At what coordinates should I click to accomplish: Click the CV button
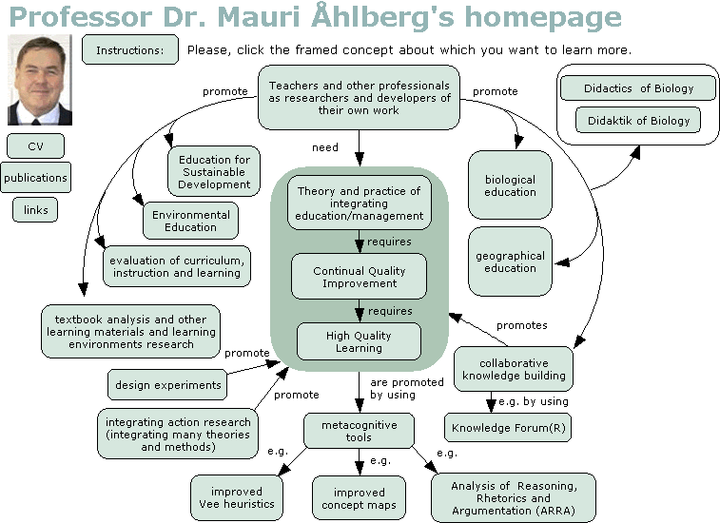pos(35,146)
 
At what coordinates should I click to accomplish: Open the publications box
pos(35,177)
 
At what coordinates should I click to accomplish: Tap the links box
pos(35,210)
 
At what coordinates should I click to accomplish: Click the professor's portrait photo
pos(40,80)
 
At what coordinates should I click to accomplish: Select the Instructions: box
pos(130,49)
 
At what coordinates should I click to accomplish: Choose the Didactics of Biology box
pos(638,88)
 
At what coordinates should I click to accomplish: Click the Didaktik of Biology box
pos(638,121)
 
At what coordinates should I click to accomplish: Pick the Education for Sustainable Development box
pos(214,172)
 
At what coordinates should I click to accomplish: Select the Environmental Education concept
pos(190,221)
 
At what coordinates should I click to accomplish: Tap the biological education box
pos(510,185)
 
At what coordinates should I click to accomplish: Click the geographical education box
pos(510,261)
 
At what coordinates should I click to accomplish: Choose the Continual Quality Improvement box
pos(360,277)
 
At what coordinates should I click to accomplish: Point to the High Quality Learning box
pos(359,341)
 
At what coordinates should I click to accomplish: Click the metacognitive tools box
pos(359,431)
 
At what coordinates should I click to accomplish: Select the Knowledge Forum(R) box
pos(508,428)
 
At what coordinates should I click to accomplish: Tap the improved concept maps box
pos(359,498)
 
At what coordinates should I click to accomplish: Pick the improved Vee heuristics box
pos(237,497)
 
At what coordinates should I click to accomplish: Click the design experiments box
pos(167,385)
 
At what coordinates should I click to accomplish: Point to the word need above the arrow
pos(325,147)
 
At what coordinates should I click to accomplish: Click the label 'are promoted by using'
pos(407,389)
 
